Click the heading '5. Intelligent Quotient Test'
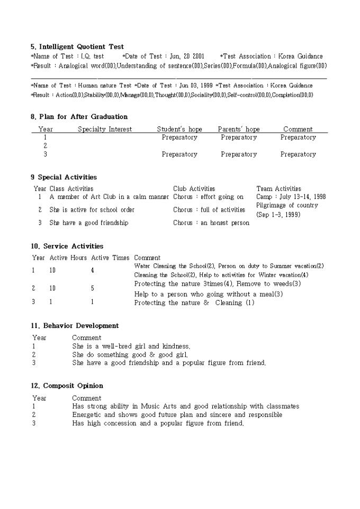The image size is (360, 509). pyautogui.click(x=77, y=47)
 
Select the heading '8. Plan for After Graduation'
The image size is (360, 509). pyautogui.click(x=79, y=116)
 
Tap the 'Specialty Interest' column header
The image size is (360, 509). pyautogui.click(x=105, y=129)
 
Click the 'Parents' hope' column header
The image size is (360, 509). pyautogui.click(x=239, y=129)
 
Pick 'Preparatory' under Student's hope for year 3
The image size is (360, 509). pyautogui.click(x=179, y=154)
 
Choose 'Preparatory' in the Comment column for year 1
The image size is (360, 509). pyautogui.click(x=298, y=138)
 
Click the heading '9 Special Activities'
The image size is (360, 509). pyautogui.click(x=64, y=177)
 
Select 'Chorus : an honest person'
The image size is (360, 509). pyautogui.click(x=211, y=223)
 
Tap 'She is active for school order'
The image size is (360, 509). pyautogui.click(x=92, y=210)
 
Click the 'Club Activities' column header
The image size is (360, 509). pyautogui.click(x=194, y=188)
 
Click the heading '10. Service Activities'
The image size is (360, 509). pyautogui.click(x=67, y=246)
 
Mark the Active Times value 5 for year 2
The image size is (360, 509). pyautogui.click(x=93, y=288)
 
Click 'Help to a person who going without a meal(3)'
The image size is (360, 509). pyautogui.click(x=209, y=294)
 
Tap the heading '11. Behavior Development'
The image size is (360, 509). pyautogui.click(x=75, y=325)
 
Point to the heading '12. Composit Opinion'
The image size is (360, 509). pyautogui.click(x=67, y=386)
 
